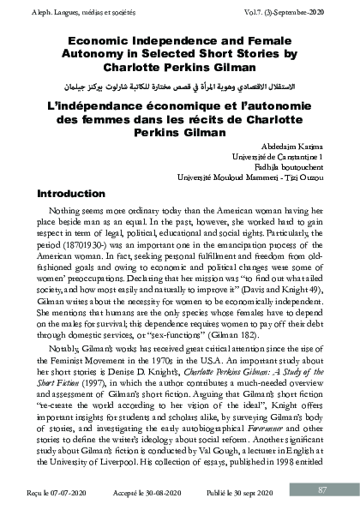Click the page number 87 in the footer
tap(321, 489)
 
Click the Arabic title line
tap(179, 88)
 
